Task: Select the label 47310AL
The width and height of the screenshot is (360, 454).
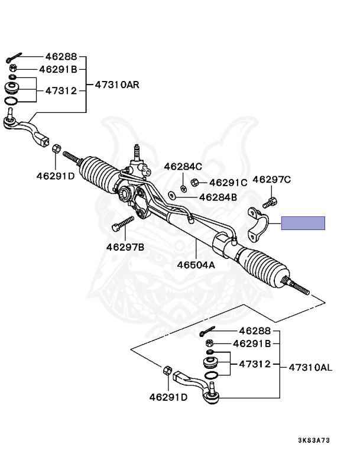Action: [310, 367]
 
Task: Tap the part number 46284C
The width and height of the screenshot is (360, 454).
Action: [183, 167]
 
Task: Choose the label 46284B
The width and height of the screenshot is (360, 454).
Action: [218, 197]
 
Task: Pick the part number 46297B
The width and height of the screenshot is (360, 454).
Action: [125, 247]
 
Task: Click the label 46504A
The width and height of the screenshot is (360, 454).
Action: [196, 265]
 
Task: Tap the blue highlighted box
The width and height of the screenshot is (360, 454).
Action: [303, 223]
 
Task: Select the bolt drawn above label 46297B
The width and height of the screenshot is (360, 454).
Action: [123, 225]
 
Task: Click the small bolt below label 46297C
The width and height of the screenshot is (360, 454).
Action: [270, 203]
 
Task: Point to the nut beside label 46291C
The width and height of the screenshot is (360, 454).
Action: [196, 183]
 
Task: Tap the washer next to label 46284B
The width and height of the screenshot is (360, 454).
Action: [171, 195]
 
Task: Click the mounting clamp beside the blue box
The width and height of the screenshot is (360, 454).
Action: [258, 224]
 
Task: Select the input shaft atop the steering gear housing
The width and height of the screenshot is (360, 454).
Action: [137, 152]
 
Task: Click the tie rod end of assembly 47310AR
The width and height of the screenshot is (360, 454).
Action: [27, 129]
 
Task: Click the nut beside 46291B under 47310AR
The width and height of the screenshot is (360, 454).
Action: [13, 69]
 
